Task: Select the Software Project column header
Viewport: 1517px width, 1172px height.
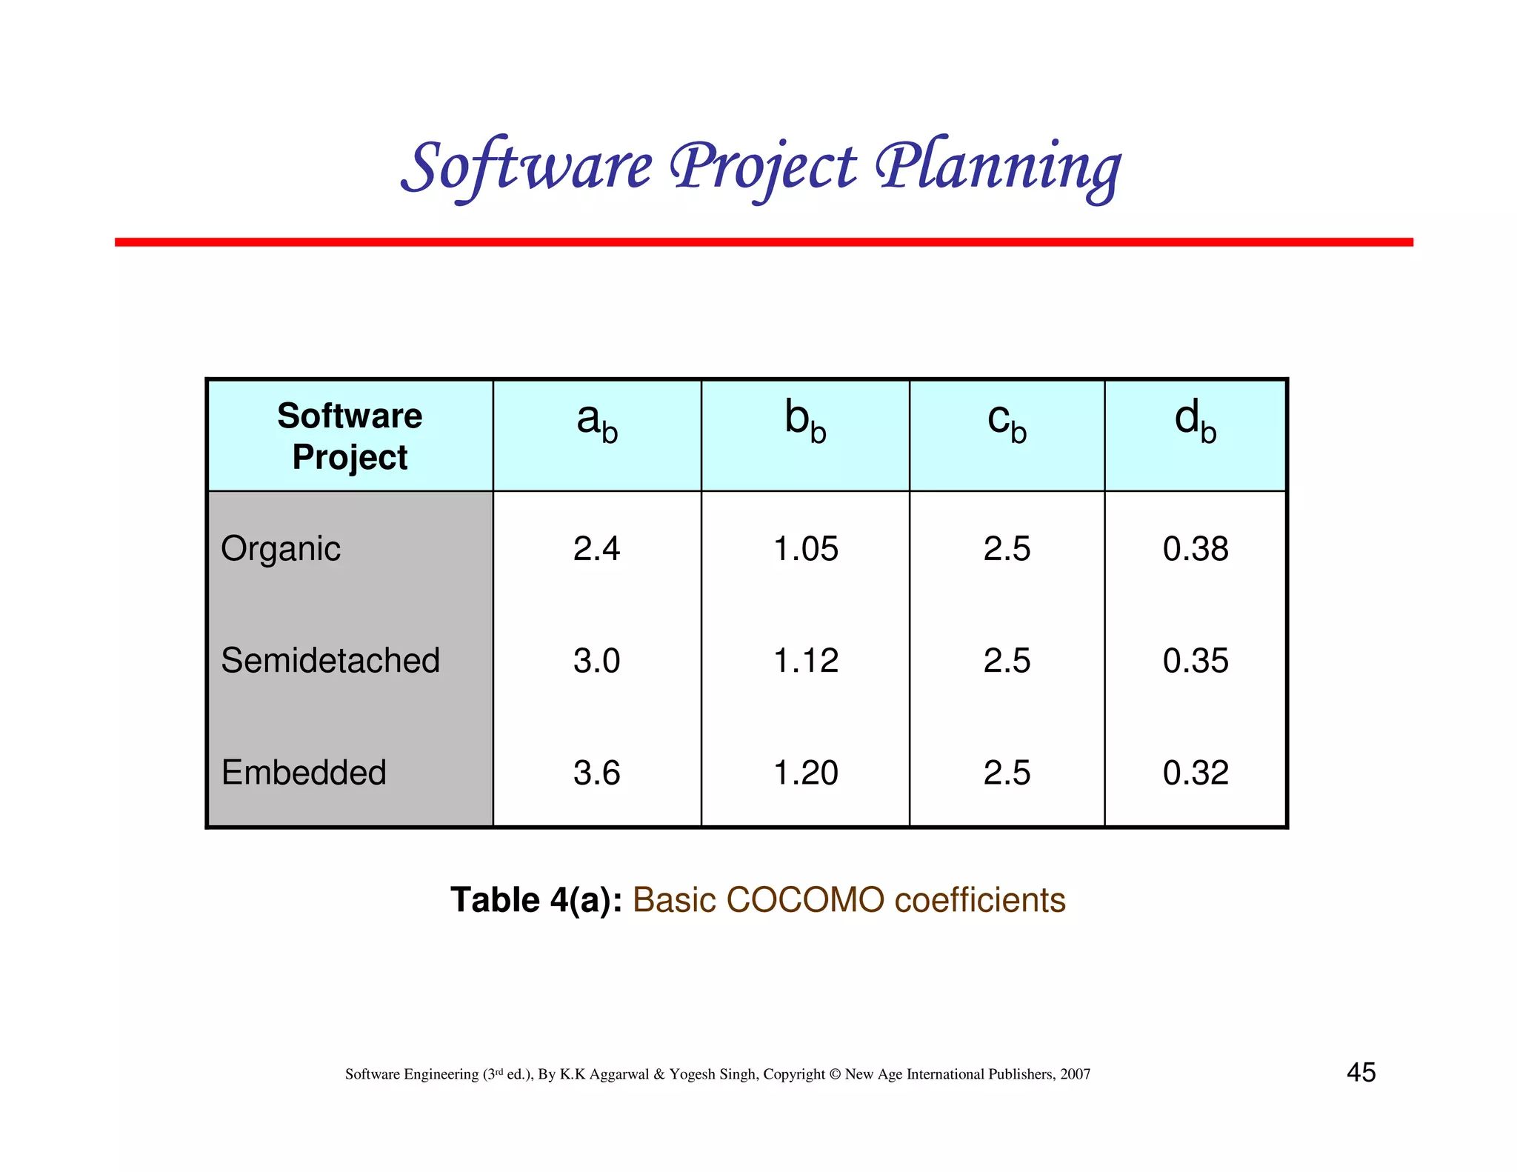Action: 350,436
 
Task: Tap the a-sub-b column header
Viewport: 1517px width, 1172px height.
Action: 597,422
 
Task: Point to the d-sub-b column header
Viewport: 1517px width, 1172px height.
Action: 1196,422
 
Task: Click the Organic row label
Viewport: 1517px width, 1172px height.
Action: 281,549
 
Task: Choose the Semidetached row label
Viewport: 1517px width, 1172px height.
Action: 330,660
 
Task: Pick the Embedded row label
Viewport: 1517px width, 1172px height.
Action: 304,773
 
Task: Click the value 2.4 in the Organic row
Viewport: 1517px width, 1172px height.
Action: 596,549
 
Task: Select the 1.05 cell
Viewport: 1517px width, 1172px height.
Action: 805,549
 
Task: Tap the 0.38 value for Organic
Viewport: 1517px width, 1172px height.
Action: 1196,549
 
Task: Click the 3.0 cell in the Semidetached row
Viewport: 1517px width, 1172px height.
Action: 596,660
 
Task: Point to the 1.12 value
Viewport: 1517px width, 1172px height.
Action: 805,660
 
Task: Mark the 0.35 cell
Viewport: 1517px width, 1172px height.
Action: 1196,660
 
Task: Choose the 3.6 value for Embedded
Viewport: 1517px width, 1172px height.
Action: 596,773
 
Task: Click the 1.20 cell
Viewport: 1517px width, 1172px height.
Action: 805,773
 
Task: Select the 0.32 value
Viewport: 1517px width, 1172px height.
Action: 1196,773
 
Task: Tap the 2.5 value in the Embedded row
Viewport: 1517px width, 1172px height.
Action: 1007,773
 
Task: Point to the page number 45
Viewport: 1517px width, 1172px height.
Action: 1361,1072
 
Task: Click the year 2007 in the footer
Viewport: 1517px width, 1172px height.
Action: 1075,1074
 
